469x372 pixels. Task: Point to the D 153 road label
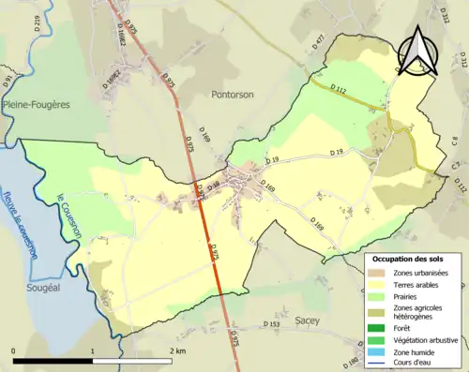pyautogui.click(x=272, y=325)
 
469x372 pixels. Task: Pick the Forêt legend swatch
pyautogui.click(x=378, y=325)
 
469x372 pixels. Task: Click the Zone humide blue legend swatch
pyautogui.click(x=378, y=351)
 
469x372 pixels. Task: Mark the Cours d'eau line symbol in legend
pyautogui.click(x=378, y=365)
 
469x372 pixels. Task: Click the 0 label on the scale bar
pyautogui.click(x=15, y=350)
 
